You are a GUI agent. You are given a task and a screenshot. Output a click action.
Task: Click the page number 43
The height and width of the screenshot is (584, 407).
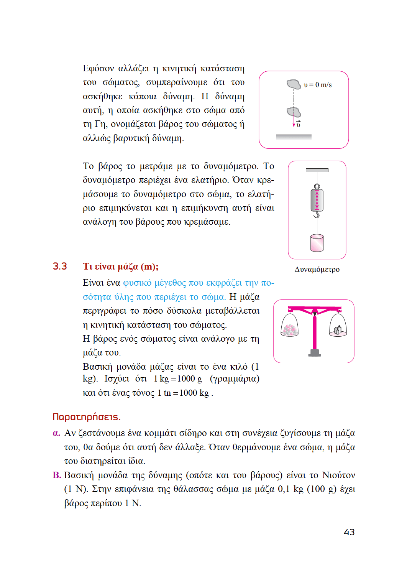[x=349, y=532]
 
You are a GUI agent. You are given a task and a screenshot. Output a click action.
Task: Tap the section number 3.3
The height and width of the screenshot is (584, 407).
[x=60, y=267]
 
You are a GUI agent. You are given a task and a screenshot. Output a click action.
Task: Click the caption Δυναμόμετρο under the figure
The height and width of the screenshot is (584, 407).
[x=317, y=270]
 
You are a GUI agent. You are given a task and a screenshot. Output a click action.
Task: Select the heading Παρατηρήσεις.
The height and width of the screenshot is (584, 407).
[x=86, y=417]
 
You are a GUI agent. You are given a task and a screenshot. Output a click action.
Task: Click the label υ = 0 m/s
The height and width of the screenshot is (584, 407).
[x=318, y=85]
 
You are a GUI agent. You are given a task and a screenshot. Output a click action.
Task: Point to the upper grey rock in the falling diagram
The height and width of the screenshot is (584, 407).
[x=294, y=84]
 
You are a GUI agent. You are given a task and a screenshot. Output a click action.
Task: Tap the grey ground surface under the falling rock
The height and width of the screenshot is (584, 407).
[x=294, y=137]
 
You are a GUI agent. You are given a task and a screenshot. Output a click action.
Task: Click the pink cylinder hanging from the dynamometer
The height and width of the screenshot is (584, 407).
[x=317, y=243]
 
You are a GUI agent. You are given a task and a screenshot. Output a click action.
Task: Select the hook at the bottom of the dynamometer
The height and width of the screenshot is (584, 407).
[x=317, y=215]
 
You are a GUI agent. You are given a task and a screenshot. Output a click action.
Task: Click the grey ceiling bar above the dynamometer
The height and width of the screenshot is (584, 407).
[x=317, y=170]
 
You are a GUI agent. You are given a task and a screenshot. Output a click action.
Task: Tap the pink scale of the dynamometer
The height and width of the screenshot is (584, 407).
[x=317, y=200]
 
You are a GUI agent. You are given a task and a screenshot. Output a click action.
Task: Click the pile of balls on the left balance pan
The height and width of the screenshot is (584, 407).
[x=289, y=330]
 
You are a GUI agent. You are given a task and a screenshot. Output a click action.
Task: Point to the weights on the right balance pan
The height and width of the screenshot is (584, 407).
[x=338, y=330]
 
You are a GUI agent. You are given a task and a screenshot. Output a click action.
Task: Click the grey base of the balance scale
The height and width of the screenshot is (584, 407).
[x=315, y=353]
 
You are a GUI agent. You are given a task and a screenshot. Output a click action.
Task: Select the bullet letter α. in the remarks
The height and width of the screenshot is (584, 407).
[x=56, y=433]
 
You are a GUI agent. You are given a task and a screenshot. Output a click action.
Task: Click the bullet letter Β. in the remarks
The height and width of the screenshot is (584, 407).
[x=57, y=475]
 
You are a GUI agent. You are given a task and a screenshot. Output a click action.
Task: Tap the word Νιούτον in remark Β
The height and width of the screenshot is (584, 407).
[x=338, y=475]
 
